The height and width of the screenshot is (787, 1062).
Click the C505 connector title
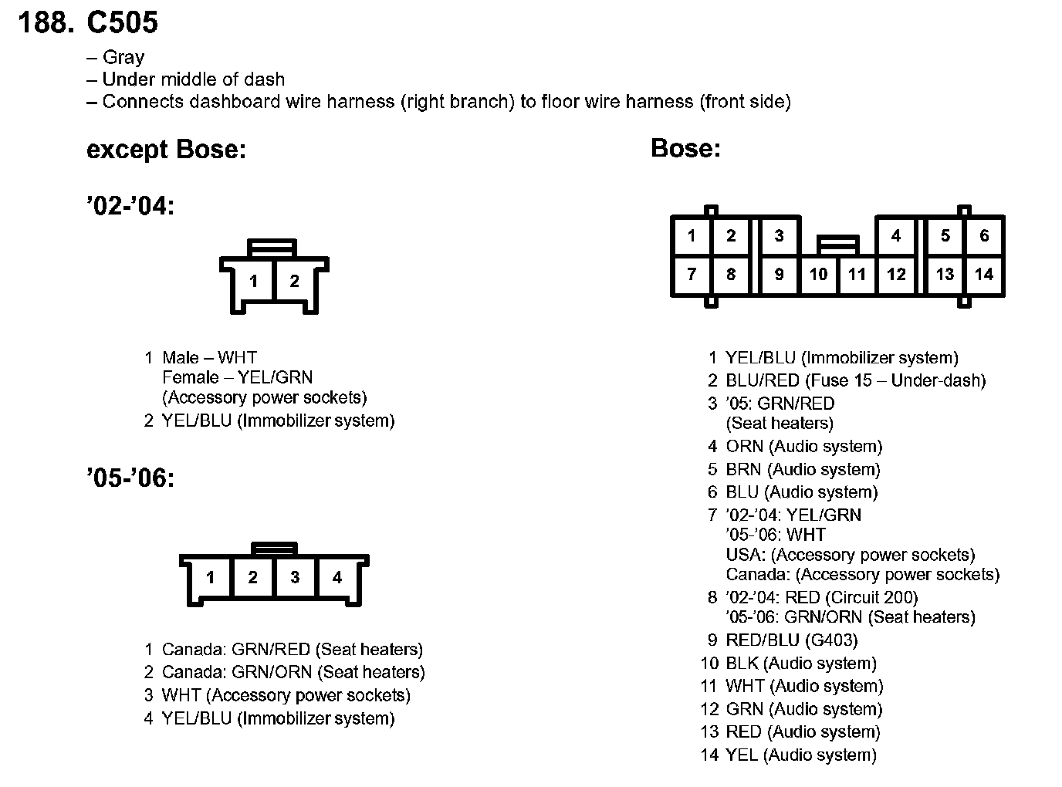pyautogui.click(x=122, y=23)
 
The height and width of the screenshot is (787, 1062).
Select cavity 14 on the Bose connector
pyautogui.click(x=983, y=274)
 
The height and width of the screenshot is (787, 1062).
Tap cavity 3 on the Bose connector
pyautogui.click(x=779, y=236)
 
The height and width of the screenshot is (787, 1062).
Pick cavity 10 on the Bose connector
pyautogui.click(x=818, y=274)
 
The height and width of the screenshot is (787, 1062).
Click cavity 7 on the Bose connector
pyautogui.click(x=692, y=274)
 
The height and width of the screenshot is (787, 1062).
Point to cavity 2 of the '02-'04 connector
pyautogui.click(x=294, y=282)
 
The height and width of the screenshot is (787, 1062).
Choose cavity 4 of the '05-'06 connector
pyautogui.click(x=337, y=577)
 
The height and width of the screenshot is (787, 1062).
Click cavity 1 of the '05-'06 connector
pyautogui.click(x=210, y=577)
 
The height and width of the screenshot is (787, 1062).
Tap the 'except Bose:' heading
pyautogui.click(x=166, y=149)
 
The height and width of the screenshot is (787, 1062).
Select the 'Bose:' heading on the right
pyautogui.click(x=685, y=148)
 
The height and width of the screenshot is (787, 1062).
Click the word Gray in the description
pyautogui.click(x=123, y=58)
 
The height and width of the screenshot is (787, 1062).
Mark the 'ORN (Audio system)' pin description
pyautogui.click(x=803, y=447)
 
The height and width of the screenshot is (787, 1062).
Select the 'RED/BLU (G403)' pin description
pyautogui.click(x=791, y=640)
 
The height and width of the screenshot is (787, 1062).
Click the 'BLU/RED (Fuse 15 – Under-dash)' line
pyautogui.click(x=855, y=380)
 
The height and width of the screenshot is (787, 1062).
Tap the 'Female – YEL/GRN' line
pyautogui.click(x=237, y=377)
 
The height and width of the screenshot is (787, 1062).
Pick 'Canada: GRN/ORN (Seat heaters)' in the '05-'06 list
pyautogui.click(x=293, y=672)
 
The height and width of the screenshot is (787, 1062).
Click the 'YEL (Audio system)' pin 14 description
pyautogui.click(x=801, y=755)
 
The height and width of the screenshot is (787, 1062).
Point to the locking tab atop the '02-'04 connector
pyautogui.click(x=272, y=247)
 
